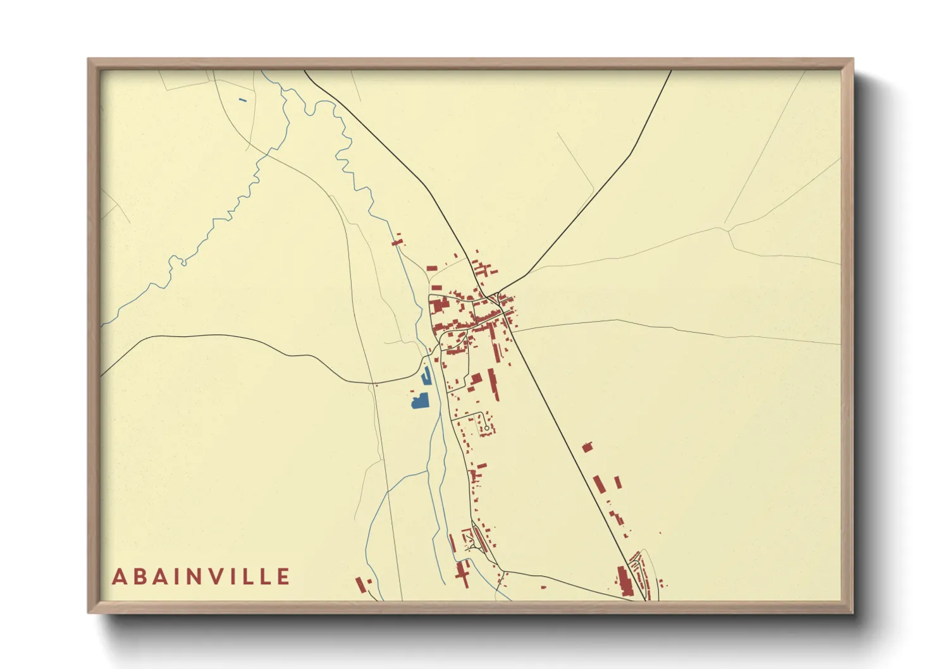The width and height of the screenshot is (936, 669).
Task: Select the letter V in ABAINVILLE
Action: click(x=214, y=577)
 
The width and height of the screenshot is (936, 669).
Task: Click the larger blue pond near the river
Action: click(x=420, y=401)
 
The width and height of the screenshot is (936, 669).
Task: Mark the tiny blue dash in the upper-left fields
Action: click(x=243, y=100)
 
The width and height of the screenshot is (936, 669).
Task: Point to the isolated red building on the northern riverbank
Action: click(x=397, y=242)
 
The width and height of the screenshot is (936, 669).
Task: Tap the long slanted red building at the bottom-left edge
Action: click(x=360, y=585)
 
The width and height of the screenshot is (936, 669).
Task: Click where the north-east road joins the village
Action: click(x=500, y=294)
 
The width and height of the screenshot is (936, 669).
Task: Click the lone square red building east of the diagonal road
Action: click(x=587, y=447)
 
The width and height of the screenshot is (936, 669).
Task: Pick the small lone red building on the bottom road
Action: click(x=543, y=587)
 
